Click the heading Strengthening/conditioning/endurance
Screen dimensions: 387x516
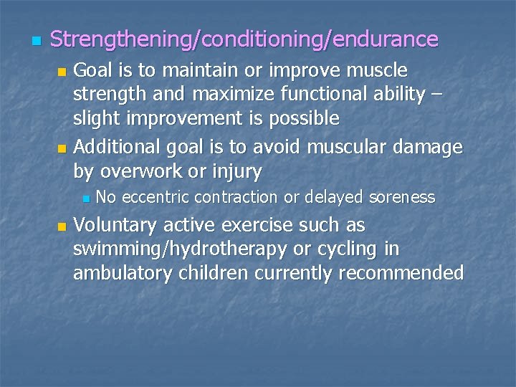tap(244, 39)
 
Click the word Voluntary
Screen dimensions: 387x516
tap(115, 226)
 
